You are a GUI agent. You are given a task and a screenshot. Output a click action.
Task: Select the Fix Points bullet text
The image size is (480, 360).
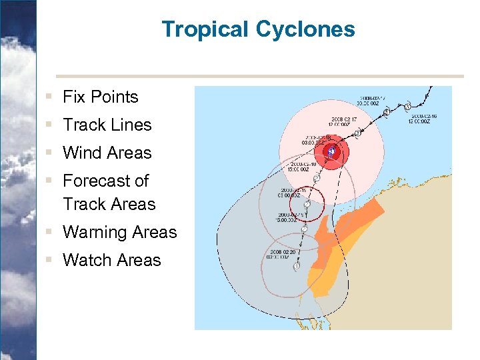(100, 97)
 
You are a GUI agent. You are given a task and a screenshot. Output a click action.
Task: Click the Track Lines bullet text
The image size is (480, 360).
(107, 125)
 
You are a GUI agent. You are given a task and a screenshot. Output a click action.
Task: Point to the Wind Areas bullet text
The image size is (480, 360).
(107, 153)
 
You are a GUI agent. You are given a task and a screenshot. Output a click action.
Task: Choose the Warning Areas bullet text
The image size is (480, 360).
(119, 233)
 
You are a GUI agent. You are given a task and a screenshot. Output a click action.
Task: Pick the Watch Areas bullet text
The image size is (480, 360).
(111, 261)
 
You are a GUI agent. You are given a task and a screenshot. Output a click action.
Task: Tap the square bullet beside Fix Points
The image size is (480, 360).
(50, 97)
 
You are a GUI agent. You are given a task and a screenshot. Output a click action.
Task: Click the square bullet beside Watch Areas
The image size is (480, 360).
(50, 261)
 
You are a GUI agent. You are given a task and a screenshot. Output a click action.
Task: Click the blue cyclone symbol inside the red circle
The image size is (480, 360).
(331, 152)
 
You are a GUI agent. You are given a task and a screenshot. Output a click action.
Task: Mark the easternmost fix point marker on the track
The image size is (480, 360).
(407, 107)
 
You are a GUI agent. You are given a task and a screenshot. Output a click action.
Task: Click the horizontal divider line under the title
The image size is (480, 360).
(260, 76)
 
